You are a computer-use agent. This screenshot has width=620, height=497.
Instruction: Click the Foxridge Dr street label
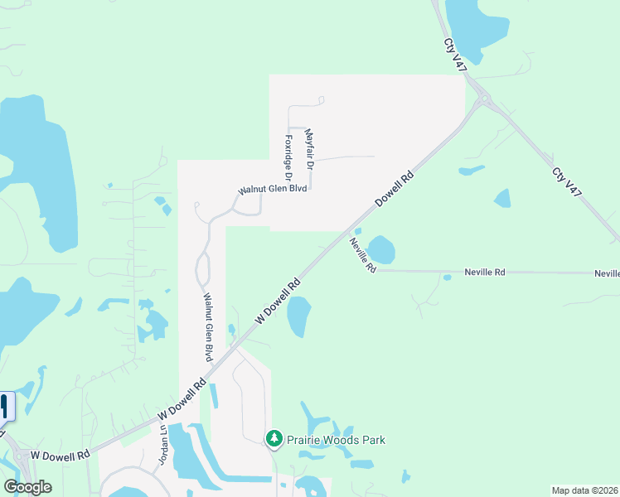289,158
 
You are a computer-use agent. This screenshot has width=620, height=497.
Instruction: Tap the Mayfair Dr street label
310,149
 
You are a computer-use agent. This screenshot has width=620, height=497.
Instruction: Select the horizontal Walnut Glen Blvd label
273,190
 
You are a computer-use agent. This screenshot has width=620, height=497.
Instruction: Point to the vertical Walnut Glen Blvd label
209,327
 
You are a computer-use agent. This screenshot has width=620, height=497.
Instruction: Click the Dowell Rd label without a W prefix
394,189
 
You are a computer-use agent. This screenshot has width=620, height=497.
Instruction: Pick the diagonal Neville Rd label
363,255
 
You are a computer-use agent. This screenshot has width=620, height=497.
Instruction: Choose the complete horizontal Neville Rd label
485,272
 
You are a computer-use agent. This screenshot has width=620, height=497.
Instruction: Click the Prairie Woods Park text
337,440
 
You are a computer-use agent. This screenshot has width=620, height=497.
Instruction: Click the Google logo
27,487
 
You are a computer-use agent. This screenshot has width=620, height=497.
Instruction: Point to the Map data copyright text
584,490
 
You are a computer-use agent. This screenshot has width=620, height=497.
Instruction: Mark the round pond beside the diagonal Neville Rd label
381,249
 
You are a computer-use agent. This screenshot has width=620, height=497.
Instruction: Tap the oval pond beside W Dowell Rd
298,317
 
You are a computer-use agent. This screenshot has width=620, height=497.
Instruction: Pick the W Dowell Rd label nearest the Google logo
61,456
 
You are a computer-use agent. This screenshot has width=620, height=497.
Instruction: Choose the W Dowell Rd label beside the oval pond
278,301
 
